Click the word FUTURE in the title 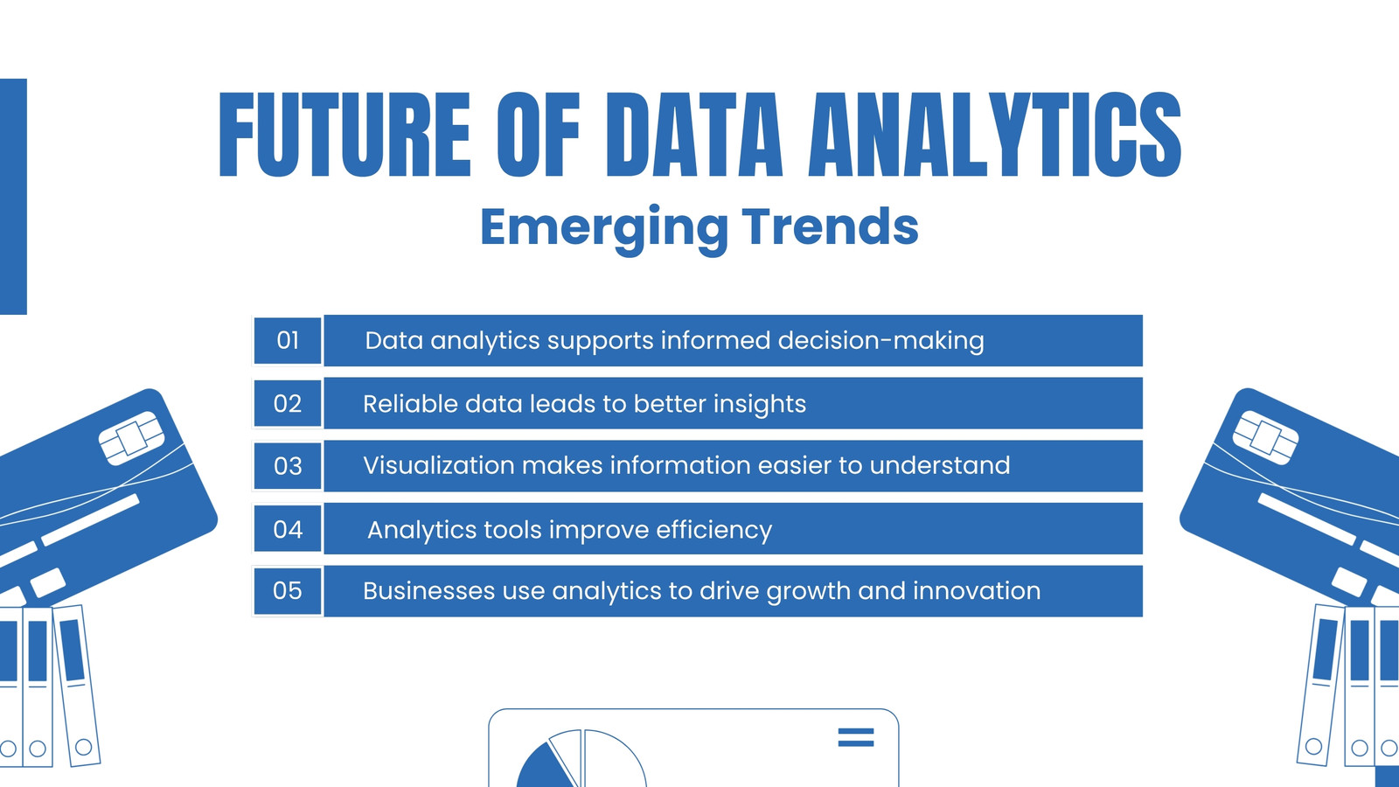click(x=345, y=135)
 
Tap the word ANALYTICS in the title click(x=994, y=135)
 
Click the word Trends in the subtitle click(x=830, y=226)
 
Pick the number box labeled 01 click(x=288, y=340)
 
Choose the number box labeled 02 click(x=288, y=403)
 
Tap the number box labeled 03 click(x=288, y=466)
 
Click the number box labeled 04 click(x=288, y=529)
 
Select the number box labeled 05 click(x=288, y=591)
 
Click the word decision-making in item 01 click(x=880, y=341)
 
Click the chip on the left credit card click(x=132, y=438)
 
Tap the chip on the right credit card click(x=1265, y=437)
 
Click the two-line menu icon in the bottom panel click(x=856, y=737)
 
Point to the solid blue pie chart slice click(x=542, y=769)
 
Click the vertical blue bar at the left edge click(x=13, y=197)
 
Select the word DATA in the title click(x=693, y=135)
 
